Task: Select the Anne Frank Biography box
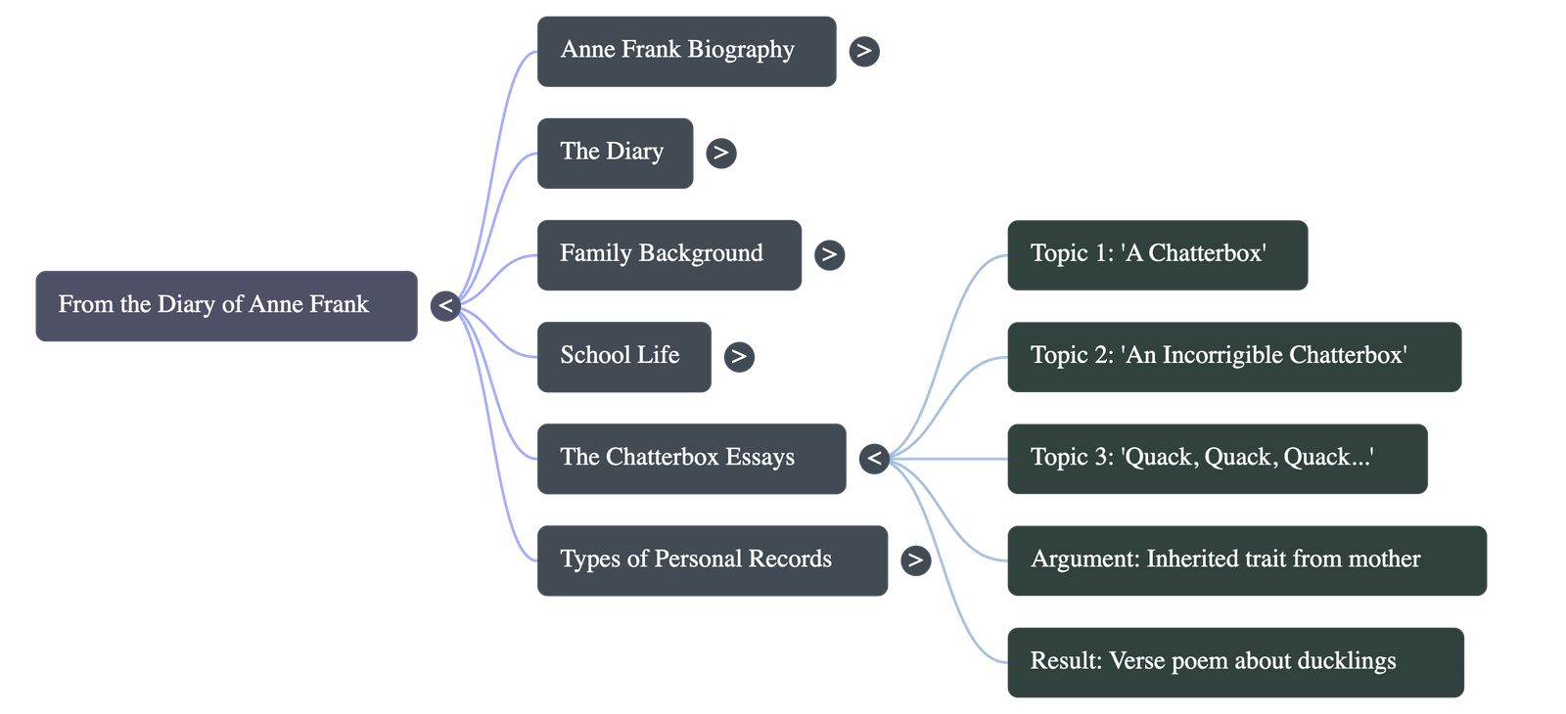[x=686, y=51]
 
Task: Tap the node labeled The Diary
[x=615, y=153]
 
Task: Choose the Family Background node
[x=668, y=254]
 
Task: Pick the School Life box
[x=623, y=356]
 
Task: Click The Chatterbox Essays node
[x=690, y=458]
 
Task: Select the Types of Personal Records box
[x=712, y=559]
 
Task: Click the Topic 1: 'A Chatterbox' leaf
[x=1156, y=254]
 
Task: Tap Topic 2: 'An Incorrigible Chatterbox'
[x=1233, y=356]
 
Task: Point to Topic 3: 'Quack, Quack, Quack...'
[x=1216, y=458]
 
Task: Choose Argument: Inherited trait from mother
[x=1246, y=559]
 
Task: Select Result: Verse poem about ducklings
[x=1235, y=661]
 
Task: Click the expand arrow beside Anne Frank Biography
[x=863, y=51]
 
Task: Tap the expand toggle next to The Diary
[x=720, y=153]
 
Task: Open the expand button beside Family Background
[x=829, y=254]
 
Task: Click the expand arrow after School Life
[x=739, y=356]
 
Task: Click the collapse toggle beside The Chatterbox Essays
[x=874, y=458]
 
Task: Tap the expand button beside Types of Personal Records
[x=915, y=559]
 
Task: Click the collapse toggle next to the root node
[x=445, y=306]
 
